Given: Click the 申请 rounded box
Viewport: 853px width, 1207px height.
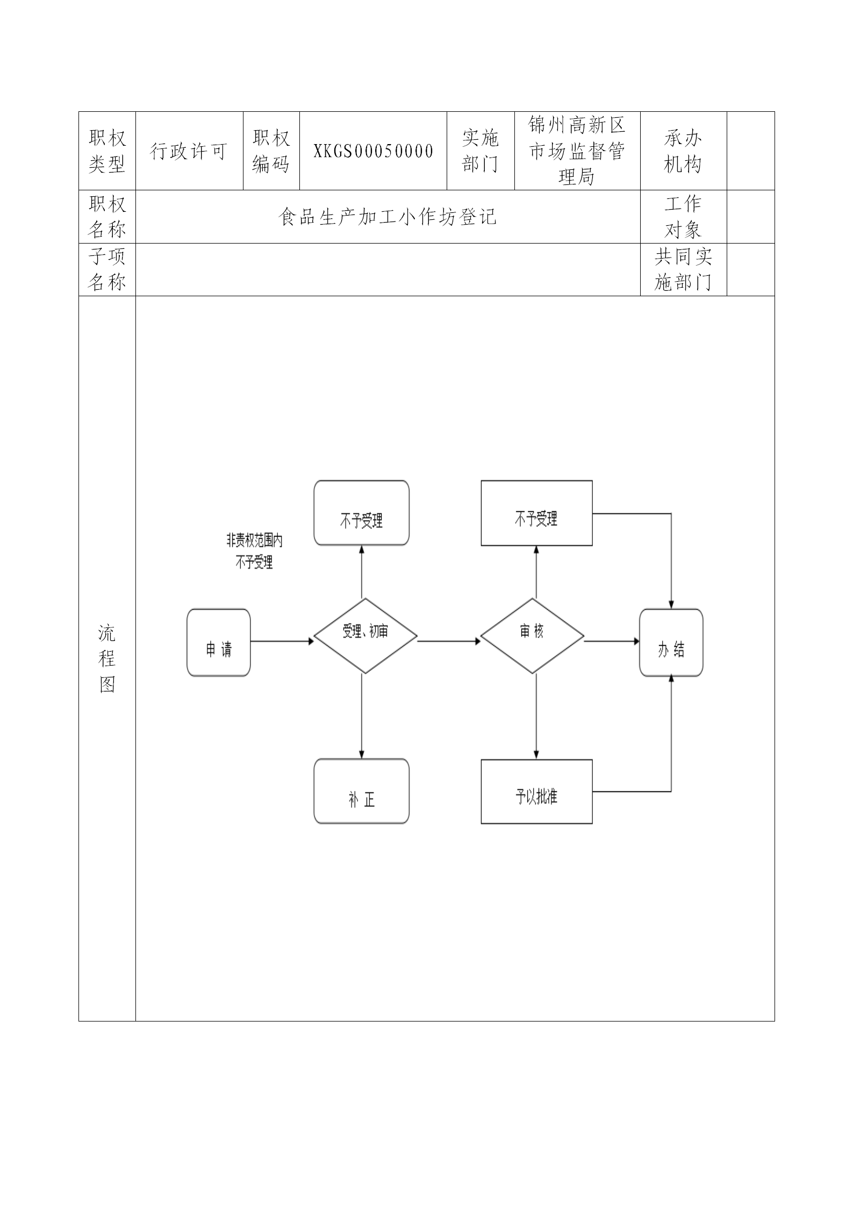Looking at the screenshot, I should (218, 642).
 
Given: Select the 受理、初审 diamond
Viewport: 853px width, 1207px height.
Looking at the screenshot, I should (365, 635).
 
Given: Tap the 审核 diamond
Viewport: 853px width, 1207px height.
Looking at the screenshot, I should (532, 635).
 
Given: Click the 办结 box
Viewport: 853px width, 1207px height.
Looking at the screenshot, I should (671, 642).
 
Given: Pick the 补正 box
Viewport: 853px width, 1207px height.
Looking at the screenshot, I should (361, 791).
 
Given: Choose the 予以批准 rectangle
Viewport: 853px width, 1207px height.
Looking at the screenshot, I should (536, 791).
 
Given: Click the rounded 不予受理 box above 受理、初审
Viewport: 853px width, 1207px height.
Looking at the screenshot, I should (361, 513).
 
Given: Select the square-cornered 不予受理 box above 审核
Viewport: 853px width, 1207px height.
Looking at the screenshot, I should (536, 513).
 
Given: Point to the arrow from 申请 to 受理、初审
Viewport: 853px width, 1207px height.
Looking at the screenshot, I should (282, 641).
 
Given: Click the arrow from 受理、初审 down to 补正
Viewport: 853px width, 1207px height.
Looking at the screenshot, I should (361, 715).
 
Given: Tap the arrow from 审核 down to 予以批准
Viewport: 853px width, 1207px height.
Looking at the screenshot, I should (536, 715).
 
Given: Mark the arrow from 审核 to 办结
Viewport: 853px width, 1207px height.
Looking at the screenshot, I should (611, 641).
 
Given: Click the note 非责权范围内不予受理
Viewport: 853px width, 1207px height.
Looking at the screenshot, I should (254, 552).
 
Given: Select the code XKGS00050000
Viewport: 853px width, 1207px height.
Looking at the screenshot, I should (373, 151).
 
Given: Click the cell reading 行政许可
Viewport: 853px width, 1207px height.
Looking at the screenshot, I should (189, 151).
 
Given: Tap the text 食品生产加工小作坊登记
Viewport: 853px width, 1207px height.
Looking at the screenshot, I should (388, 217).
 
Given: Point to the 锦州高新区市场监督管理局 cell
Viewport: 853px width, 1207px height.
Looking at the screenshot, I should (577, 151).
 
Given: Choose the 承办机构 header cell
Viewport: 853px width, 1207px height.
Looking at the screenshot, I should (683, 151).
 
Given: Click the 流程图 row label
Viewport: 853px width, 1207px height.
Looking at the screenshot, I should (107, 659).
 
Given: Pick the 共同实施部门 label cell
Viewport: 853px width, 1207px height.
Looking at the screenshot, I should (683, 269).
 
